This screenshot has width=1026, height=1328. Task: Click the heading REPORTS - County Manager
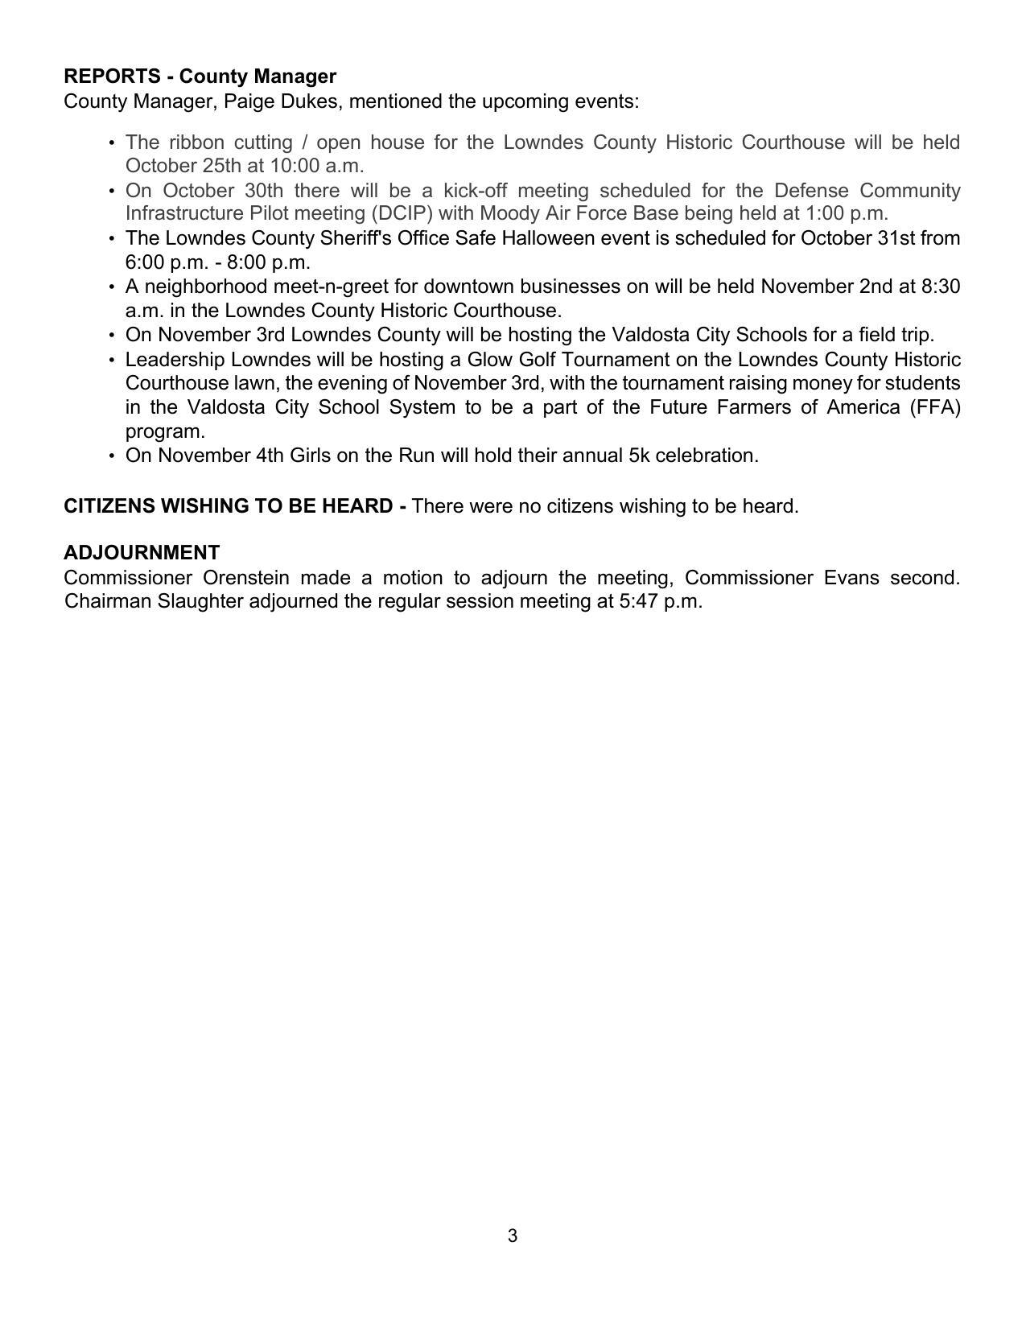(200, 76)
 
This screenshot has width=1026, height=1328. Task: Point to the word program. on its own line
(165, 431)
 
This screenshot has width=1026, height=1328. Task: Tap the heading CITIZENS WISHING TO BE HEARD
(229, 506)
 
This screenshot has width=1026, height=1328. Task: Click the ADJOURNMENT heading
(142, 553)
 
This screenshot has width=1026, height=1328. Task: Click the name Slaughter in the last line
(200, 601)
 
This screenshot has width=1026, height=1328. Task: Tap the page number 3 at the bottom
(513, 1235)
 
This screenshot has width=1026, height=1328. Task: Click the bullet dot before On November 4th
(111, 456)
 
